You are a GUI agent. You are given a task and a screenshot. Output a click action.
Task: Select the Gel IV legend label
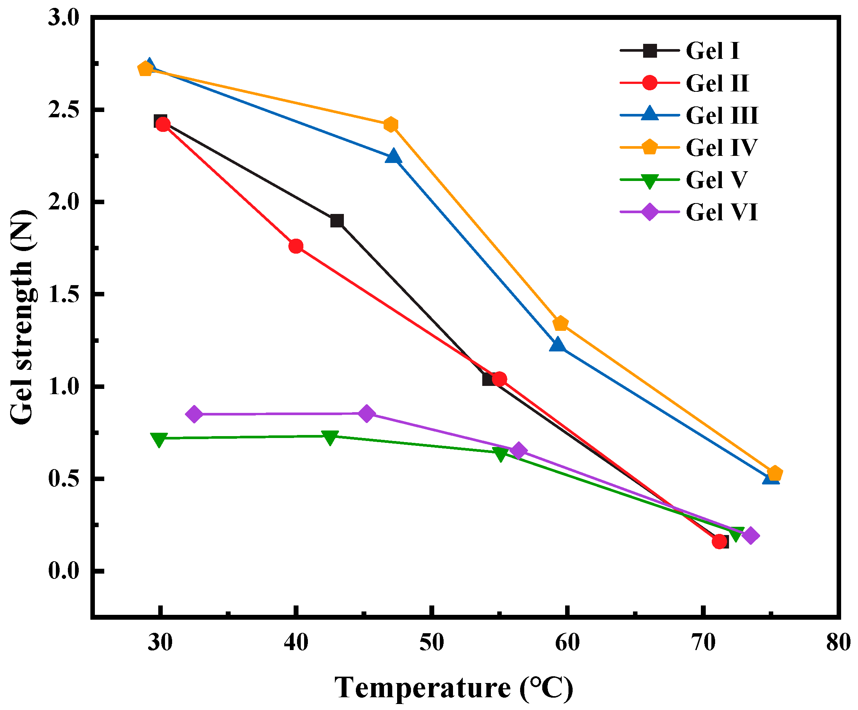click(721, 147)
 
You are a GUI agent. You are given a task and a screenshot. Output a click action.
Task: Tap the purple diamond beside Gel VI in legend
click(649, 212)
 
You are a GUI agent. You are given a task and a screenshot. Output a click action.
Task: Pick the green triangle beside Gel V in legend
click(649, 181)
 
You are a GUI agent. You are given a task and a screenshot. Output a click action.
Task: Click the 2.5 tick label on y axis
click(63, 110)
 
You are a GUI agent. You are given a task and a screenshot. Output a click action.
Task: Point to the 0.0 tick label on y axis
click(63, 571)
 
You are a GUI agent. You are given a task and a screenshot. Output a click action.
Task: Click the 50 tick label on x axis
click(432, 643)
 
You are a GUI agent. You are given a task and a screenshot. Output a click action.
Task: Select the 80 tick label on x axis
click(838, 643)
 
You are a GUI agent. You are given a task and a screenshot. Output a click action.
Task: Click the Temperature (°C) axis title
click(453, 688)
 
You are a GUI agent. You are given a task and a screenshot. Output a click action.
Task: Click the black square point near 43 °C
click(337, 221)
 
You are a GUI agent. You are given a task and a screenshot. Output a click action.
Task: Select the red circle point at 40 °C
click(296, 246)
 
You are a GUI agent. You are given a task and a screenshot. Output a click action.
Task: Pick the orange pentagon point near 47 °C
click(391, 124)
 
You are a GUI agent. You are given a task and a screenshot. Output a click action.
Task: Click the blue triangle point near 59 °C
click(557, 345)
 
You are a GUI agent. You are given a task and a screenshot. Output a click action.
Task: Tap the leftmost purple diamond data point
click(194, 414)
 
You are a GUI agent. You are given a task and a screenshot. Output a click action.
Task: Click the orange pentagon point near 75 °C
click(775, 474)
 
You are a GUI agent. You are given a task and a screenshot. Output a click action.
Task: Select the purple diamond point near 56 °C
click(519, 450)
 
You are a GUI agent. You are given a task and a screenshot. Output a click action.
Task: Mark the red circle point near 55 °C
click(499, 379)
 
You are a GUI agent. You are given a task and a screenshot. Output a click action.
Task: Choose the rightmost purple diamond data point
click(750, 535)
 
